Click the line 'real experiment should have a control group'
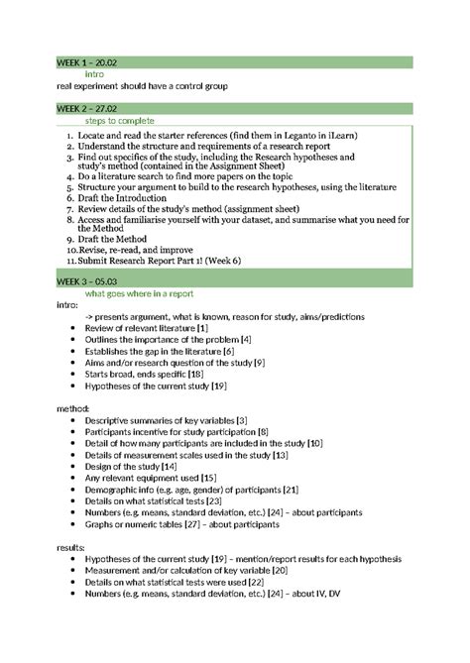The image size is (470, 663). pos(142,86)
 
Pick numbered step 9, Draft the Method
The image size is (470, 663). pos(117,239)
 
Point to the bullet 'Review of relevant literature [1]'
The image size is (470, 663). pos(146,328)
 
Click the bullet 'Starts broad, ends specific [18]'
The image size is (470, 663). pos(144,374)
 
